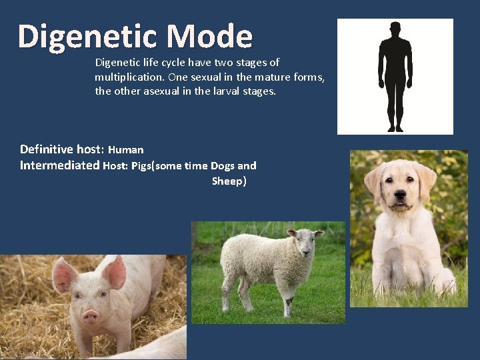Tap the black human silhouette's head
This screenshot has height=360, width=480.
pyautogui.click(x=395, y=29)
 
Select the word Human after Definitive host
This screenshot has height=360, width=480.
pyautogui.click(x=125, y=150)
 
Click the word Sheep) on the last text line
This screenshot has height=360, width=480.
pyautogui.click(x=229, y=181)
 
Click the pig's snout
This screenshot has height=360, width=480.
pyautogui.click(x=91, y=316)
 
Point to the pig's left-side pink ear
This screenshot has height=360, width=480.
pyautogui.click(x=64, y=274)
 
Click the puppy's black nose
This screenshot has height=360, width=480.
pyautogui.click(x=400, y=196)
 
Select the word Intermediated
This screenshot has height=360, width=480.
pyautogui.click(x=60, y=165)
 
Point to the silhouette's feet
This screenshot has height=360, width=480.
pyautogui.click(x=395, y=127)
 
